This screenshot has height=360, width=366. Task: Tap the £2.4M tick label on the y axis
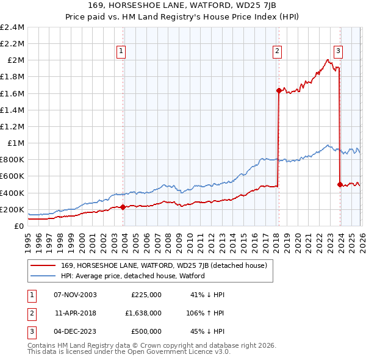pyautogui.click(x=13, y=27)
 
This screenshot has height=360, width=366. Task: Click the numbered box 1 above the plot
pyautogui.click(x=122, y=51)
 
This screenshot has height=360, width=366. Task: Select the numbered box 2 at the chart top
pyautogui.click(x=278, y=51)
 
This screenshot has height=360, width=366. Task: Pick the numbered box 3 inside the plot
pyautogui.click(x=338, y=51)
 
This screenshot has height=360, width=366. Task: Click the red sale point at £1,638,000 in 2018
pyautogui.click(x=279, y=90)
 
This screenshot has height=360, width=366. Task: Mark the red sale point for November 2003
pyautogui.click(x=123, y=207)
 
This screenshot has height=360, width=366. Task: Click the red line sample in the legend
pyautogui.click(x=43, y=265)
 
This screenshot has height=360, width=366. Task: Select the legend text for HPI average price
pyautogui.click(x=133, y=276)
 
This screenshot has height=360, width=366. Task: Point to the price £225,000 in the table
pyautogui.click(x=146, y=294)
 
